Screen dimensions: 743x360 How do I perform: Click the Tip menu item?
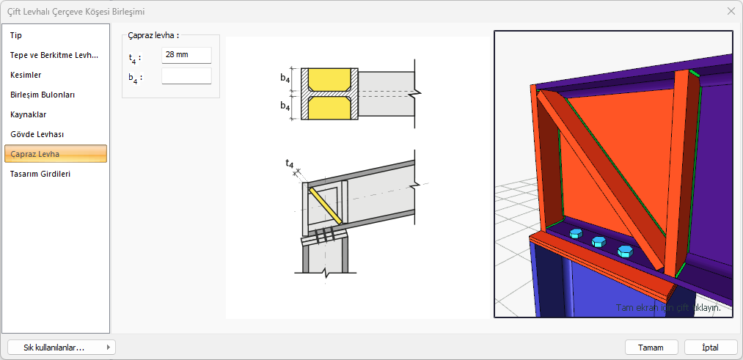(16, 35)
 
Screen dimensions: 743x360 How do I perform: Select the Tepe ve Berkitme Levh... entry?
(54, 56)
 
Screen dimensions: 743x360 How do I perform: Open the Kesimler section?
(26, 76)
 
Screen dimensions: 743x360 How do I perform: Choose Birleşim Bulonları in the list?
(43, 95)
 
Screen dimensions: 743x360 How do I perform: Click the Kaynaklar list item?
(29, 114)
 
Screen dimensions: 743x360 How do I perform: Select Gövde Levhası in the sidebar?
(37, 134)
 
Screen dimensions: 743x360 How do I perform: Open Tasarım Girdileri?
(40, 174)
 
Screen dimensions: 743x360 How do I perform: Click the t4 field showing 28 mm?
(186, 55)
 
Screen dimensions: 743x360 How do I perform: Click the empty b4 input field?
(186, 76)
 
